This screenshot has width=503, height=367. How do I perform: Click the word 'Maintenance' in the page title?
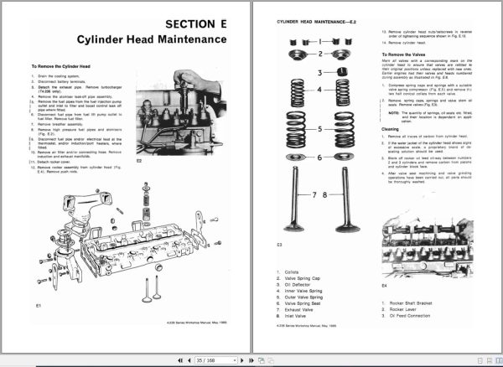coord(189,39)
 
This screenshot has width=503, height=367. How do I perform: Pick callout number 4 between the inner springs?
coord(319,90)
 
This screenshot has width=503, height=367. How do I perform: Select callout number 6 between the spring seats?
coord(319,157)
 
